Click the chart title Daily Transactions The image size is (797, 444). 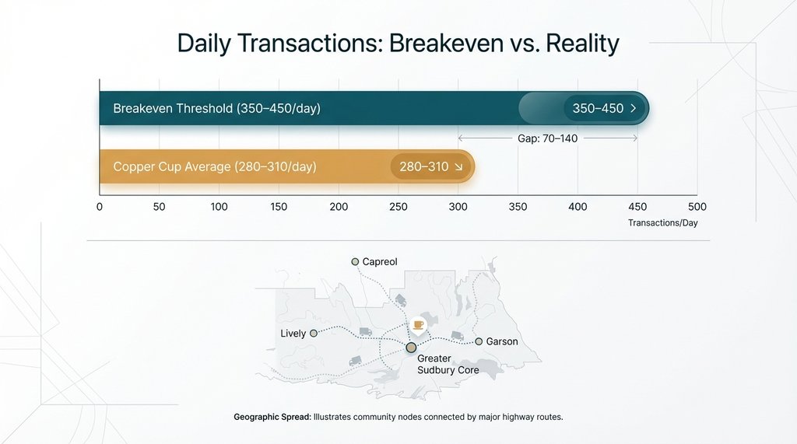pos(398,43)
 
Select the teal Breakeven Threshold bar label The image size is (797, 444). pos(216,109)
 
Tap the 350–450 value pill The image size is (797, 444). pos(604,109)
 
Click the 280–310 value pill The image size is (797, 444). pos(430,166)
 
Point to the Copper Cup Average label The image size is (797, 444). pos(215,166)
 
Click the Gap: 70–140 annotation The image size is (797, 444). pos(547,138)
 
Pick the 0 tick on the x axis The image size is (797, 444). pos(100,207)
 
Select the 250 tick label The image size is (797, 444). pos(398,207)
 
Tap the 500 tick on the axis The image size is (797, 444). pos(697,207)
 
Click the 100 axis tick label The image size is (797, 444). pos(219,207)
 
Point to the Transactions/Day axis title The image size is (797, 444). pos(663,223)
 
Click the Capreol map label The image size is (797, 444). pos(380,262)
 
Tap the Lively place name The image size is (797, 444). pos(293,334)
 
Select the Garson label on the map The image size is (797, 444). pos(502,341)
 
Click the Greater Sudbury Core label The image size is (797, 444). pos(448,364)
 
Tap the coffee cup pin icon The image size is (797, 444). pos(419,324)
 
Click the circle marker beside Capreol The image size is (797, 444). pos(355,262)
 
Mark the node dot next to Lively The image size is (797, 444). pos(314,333)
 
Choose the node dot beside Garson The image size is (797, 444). pos(479,341)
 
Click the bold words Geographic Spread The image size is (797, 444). pos(271,418)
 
